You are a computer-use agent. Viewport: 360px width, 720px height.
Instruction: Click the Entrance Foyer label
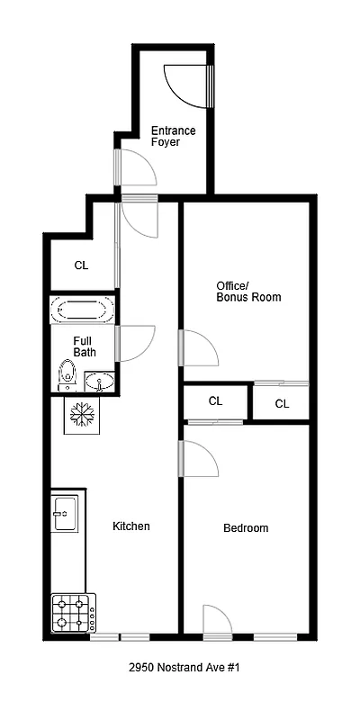(x=173, y=137)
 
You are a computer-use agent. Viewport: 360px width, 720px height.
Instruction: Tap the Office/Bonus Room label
(x=248, y=292)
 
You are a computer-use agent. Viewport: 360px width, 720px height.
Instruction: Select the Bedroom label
(x=246, y=528)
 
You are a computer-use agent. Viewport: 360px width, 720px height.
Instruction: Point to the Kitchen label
(x=130, y=526)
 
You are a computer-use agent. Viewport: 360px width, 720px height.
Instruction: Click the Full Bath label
(x=85, y=346)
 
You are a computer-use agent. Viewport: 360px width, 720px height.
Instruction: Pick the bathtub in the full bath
(x=83, y=311)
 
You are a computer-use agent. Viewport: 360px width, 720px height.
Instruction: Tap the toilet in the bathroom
(x=66, y=373)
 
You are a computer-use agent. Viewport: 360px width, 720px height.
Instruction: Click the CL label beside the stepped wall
(x=81, y=265)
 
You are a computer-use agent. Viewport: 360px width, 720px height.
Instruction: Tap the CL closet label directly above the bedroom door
(x=215, y=401)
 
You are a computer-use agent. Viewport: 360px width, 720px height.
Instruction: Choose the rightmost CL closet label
(x=282, y=404)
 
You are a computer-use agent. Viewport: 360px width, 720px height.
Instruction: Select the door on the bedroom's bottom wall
(x=217, y=621)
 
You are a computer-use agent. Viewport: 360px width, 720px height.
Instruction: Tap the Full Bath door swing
(x=136, y=343)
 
